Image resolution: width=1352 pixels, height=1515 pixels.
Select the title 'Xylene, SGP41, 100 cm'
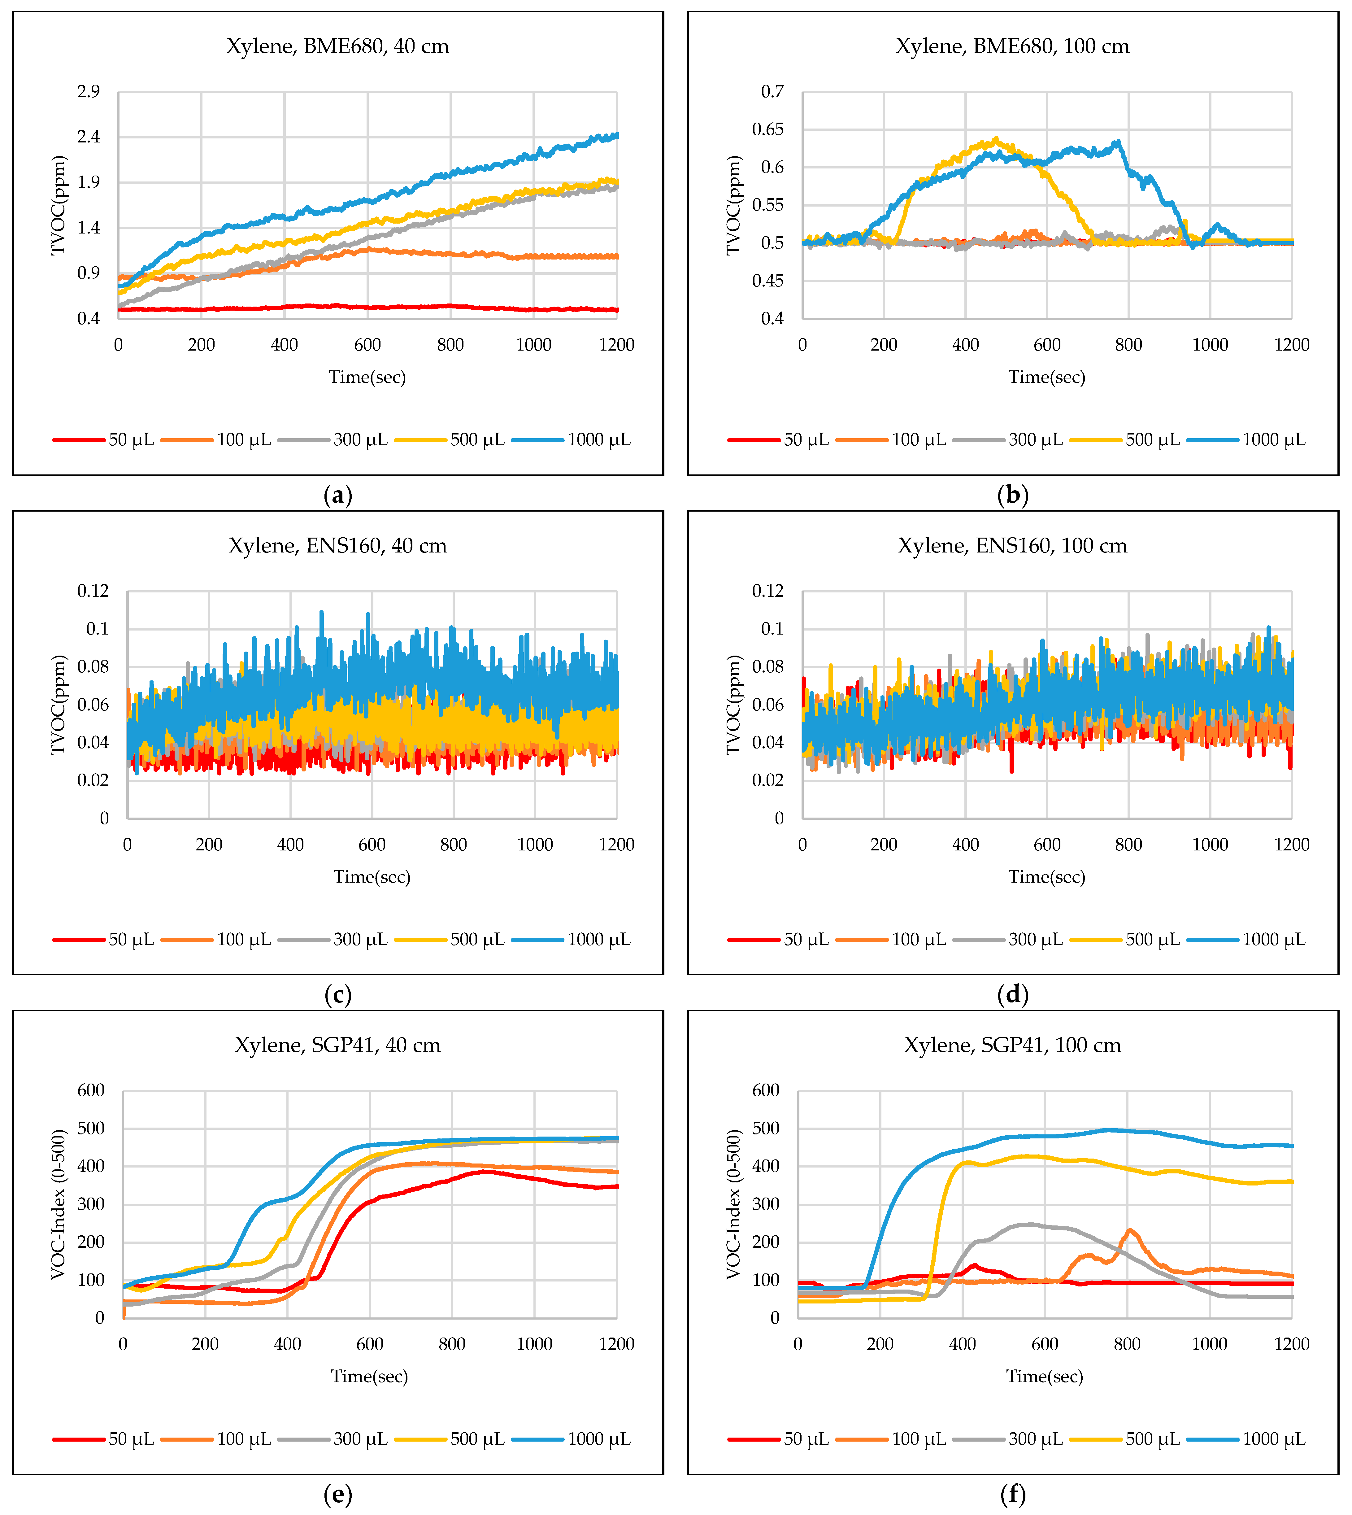tap(1012, 1046)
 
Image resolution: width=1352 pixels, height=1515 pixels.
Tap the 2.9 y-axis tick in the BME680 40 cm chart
tap(89, 91)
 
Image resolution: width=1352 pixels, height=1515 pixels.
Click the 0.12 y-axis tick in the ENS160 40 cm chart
tap(93, 591)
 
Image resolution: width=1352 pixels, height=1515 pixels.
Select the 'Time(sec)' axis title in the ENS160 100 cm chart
tap(1047, 877)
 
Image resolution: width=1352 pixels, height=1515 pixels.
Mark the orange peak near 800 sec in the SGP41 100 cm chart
tap(1129, 1230)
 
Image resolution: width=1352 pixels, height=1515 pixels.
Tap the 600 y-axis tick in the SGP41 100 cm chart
tap(766, 1090)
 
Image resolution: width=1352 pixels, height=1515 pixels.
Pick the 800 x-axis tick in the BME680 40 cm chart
tap(450, 345)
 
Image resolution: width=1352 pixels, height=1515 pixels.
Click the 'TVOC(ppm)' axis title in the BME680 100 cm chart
tap(734, 205)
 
